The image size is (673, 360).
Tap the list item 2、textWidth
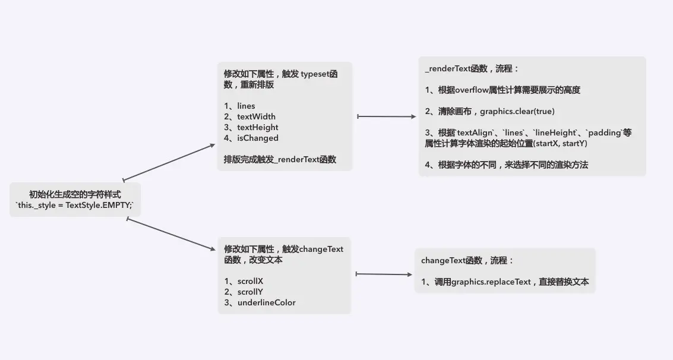coord(249,116)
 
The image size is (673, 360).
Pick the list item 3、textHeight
coord(251,127)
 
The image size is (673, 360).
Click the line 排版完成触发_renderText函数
coord(280,159)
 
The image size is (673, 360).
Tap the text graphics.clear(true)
coord(517,111)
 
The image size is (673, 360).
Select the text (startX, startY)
coord(560,143)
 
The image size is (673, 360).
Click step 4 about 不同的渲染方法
coord(507,165)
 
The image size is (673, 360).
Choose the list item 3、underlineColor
coord(260,302)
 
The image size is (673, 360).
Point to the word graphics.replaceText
coord(491,282)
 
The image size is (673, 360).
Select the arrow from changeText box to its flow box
coord(384,274)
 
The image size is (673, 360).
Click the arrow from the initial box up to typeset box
coord(169,162)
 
